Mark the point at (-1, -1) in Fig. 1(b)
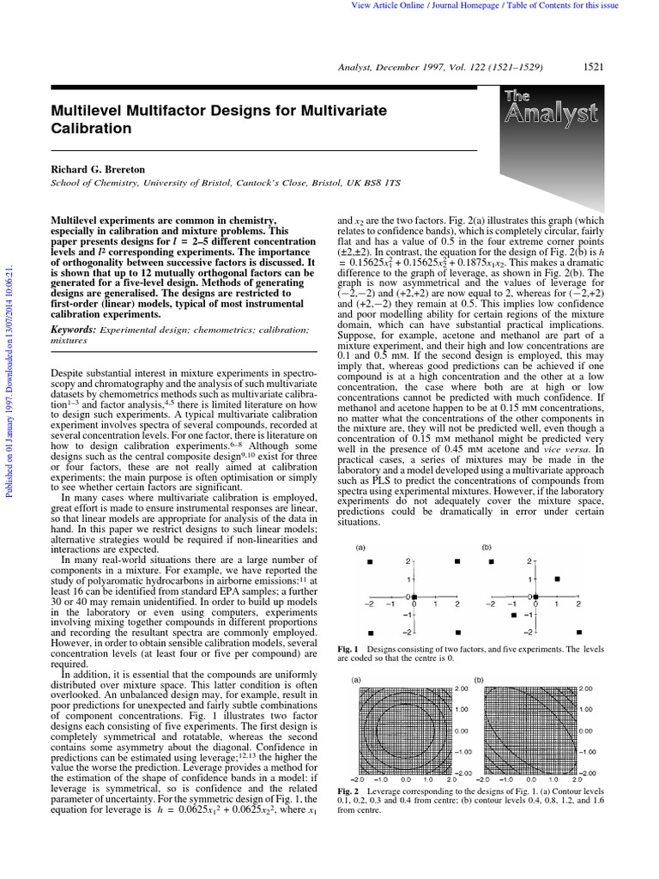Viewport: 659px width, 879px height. click(x=513, y=615)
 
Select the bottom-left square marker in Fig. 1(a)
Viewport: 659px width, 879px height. click(x=370, y=633)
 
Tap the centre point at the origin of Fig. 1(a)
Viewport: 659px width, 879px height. click(x=414, y=597)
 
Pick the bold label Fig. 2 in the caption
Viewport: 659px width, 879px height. click(x=348, y=791)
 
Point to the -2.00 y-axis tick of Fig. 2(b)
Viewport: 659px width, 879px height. click(x=586, y=773)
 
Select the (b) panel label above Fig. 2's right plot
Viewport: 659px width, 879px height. click(x=480, y=680)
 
